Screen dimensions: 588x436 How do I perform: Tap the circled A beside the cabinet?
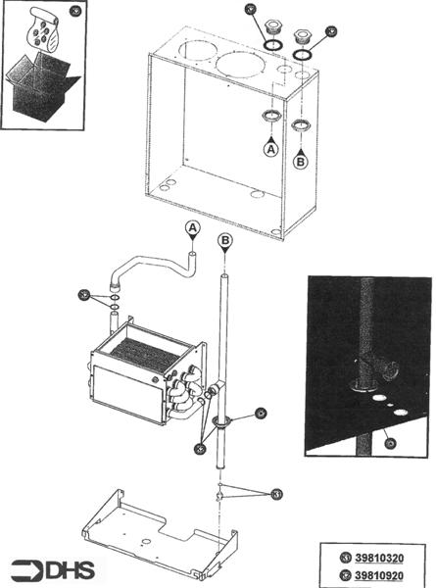[271, 149]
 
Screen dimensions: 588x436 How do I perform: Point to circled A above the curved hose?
[193, 228]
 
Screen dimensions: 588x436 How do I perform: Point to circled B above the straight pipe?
[225, 238]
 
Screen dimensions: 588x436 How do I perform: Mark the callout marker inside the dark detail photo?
[390, 443]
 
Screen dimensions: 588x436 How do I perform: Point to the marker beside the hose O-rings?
[87, 293]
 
